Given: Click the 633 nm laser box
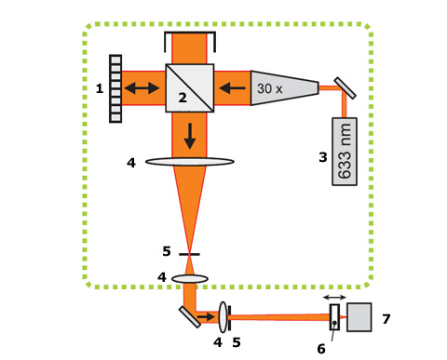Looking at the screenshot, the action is (345, 152).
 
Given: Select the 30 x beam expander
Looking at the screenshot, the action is (284, 88).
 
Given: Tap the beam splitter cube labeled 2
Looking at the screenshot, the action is (190, 88).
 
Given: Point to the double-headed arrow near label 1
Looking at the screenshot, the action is (142, 88).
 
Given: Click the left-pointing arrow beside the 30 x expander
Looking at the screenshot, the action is (232, 88).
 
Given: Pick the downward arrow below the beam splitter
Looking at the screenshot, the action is (190, 136).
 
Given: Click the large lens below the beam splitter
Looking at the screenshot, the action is (190, 162).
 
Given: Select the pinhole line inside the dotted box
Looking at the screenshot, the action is (189, 254).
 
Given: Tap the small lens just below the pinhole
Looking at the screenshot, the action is (190, 278).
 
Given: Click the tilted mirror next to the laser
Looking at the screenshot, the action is (345, 88).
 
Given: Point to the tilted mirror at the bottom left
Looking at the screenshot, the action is (190, 316).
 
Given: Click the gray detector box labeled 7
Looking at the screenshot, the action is (359, 317).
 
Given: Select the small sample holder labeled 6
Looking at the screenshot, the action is (334, 317).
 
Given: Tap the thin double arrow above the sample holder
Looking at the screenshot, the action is (334, 298).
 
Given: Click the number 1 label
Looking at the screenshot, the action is (100, 88).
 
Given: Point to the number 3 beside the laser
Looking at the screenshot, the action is (323, 157).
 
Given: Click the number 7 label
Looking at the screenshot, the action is (386, 319).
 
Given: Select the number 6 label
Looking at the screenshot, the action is (321, 349).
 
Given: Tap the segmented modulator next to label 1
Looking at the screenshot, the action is (115, 88).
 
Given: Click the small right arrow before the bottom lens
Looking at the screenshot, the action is (206, 316).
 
